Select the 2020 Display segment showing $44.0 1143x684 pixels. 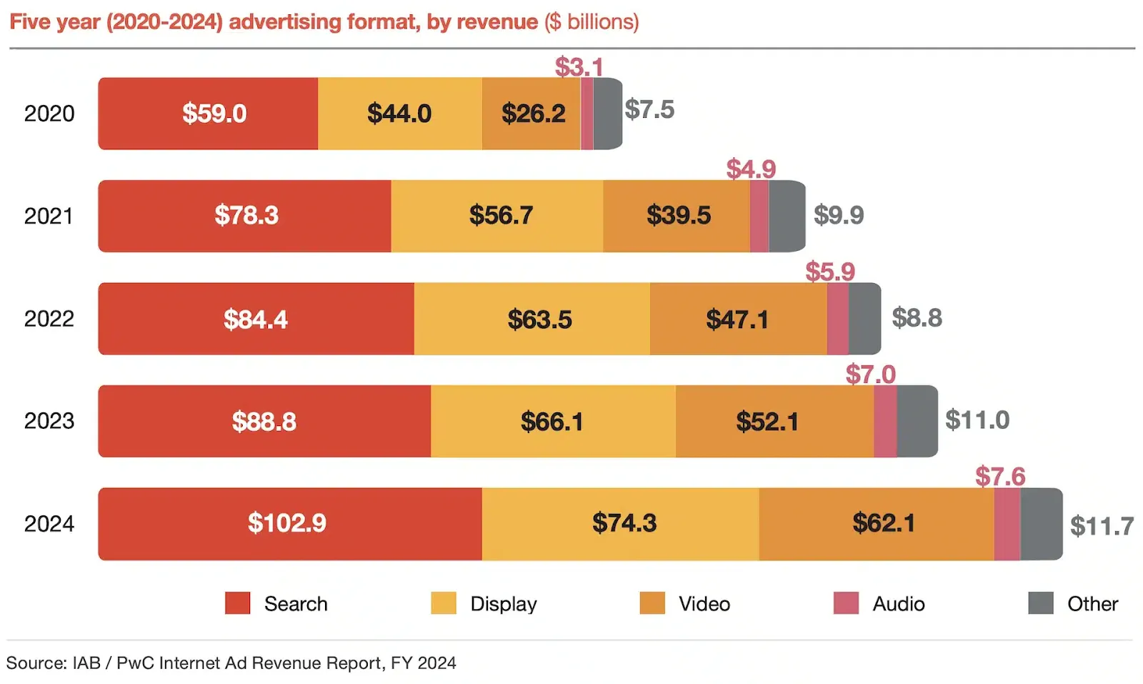pyautogui.click(x=399, y=113)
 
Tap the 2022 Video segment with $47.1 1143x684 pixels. pyautogui.click(x=737, y=319)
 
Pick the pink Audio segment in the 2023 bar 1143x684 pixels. pyautogui.click(x=884, y=421)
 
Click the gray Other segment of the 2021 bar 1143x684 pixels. pyautogui.click(x=787, y=216)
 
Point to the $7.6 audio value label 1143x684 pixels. pyautogui.click(x=999, y=476)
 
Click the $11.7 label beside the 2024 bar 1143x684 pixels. pyautogui.click(x=1101, y=526)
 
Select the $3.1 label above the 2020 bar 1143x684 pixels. pyautogui.click(x=579, y=66)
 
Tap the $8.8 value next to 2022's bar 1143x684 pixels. pyautogui.click(x=917, y=317)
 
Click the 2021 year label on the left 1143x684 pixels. pyautogui.click(x=49, y=216)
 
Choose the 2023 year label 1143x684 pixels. pyautogui.click(x=49, y=421)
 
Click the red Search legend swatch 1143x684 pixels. pyautogui.click(x=237, y=603)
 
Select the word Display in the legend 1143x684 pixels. pyautogui.click(x=503, y=604)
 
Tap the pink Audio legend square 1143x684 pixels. pyautogui.click(x=846, y=603)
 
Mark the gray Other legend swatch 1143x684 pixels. pyautogui.click(x=1040, y=603)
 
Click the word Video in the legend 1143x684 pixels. pyautogui.click(x=704, y=604)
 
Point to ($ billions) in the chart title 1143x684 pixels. pyautogui.click(x=592, y=21)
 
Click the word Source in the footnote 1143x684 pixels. pyautogui.click(x=36, y=663)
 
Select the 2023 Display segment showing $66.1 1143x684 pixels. pyautogui.click(x=552, y=421)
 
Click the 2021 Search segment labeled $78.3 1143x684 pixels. pyautogui.click(x=246, y=216)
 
